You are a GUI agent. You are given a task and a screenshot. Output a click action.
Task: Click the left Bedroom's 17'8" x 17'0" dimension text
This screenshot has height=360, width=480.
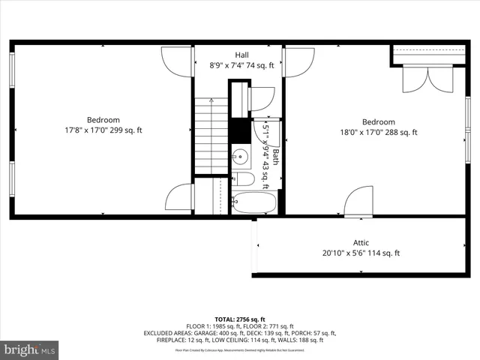coord(103,130)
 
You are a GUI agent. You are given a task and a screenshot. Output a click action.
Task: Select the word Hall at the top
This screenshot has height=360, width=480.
coord(241,55)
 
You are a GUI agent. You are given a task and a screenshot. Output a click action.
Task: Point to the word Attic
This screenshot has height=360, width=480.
coord(361,242)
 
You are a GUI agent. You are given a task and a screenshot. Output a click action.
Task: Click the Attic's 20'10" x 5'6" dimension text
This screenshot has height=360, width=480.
coord(361,253)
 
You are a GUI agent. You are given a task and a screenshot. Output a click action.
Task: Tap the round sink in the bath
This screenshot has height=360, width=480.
coord(240,157)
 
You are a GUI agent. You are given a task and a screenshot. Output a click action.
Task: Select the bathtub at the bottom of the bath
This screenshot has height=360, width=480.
coord(253,202)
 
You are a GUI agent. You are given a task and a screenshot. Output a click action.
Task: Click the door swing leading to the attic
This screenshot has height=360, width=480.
coord(358,202)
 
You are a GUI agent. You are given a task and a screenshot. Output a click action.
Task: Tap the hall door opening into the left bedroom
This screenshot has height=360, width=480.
coord(178,61)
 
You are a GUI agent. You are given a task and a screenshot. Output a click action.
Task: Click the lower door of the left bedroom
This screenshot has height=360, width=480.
coord(179,197)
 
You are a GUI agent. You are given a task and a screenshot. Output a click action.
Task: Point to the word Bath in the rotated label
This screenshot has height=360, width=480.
coord(275,157)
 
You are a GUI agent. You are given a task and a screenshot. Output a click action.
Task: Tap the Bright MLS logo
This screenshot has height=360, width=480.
coord(30,350)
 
